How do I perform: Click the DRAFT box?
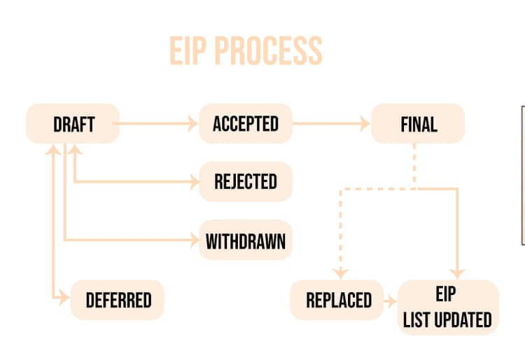[73, 124]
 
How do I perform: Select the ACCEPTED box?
[245, 124]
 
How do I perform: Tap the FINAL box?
[418, 124]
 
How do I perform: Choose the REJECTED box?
[245, 181]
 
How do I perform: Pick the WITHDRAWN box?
[245, 241]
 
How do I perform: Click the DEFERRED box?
[118, 300]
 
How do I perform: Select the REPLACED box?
[338, 300]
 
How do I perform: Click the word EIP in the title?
[188, 50]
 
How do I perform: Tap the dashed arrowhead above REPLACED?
[339, 273]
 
